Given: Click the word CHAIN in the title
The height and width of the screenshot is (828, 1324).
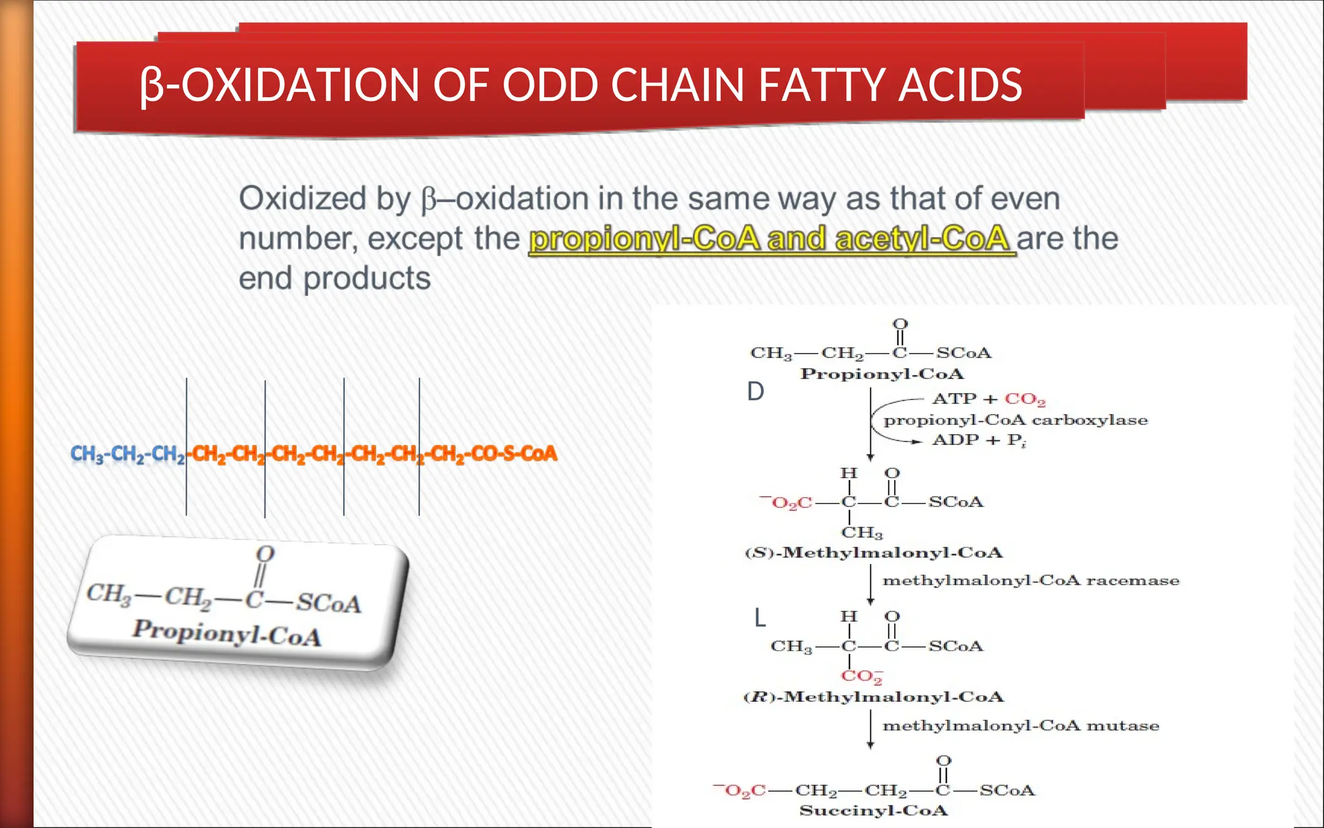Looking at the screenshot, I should pyautogui.click(x=677, y=85).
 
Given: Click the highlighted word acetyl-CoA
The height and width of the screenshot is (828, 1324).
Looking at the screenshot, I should pyautogui.click(x=923, y=239).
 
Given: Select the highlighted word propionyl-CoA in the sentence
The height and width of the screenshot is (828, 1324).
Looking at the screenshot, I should pyautogui.click(x=644, y=239).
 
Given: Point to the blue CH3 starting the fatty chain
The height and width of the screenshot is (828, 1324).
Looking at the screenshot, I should pyautogui.click(x=87, y=454).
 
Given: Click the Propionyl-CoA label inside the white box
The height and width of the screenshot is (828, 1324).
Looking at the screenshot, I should pyautogui.click(x=226, y=632).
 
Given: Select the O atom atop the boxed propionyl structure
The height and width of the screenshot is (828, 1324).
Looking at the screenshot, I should pyautogui.click(x=265, y=554).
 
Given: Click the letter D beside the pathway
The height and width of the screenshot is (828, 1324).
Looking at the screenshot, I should pyautogui.click(x=755, y=392).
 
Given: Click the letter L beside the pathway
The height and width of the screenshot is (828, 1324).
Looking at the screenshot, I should pyautogui.click(x=760, y=618).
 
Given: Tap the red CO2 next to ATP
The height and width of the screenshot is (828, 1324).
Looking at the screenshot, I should pyautogui.click(x=1025, y=400).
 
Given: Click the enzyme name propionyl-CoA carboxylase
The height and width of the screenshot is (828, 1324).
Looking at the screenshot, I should pyautogui.click(x=1016, y=420).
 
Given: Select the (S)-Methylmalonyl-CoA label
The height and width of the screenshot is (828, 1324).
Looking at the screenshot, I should pyautogui.click(x=873, y=553).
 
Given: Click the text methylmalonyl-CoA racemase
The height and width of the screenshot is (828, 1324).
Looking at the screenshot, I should pyautogui.click(x=1030, y=581).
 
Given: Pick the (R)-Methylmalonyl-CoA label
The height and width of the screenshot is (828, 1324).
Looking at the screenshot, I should pyautogui.click(x=873, y=697).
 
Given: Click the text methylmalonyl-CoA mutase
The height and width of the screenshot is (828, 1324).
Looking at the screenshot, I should pyautogui.click(x=1021, y=726).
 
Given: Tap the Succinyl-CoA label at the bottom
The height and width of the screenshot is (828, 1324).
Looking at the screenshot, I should pyautogui.click(x=873, y=811).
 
